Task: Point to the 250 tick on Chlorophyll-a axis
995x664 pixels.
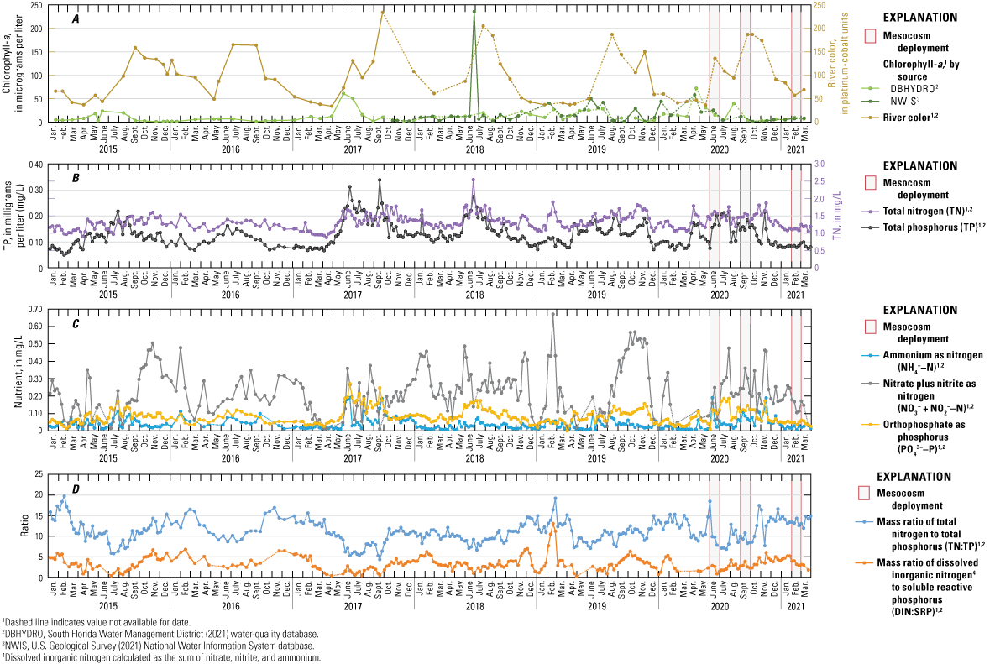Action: click(x=39, y=6)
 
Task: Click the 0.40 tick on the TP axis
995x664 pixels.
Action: click(x=37, y=165)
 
